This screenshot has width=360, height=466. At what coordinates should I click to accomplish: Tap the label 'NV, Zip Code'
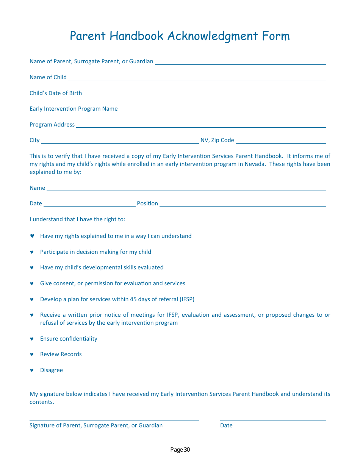[217, 140]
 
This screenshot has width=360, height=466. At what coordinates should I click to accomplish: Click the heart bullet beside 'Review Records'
[32, 355]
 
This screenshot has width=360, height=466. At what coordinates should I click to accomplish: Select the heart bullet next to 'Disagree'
[32, 371]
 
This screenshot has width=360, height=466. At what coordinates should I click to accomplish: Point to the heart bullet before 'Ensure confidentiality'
[32, 339]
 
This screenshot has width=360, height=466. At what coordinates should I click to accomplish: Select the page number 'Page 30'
[180, 450]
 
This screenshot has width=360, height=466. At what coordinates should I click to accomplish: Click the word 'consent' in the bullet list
[64, 283]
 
